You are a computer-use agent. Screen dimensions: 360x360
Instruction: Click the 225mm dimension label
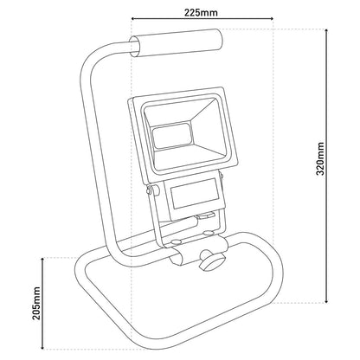point(201,13)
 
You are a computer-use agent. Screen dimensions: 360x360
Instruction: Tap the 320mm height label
point(320,158)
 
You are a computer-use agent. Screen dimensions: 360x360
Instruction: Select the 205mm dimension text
point(36,303)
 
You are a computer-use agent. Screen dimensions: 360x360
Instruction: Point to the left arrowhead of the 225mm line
point(133,19)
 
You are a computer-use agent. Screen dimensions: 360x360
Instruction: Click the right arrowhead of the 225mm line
point(271,19)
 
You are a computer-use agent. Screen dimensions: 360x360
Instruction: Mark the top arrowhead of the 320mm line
point(326,31)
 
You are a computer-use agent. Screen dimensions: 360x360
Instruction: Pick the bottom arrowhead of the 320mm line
point(326,301)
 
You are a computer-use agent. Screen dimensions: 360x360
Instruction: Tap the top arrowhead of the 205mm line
point(42,260)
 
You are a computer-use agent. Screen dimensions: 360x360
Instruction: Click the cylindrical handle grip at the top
point(177,42)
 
